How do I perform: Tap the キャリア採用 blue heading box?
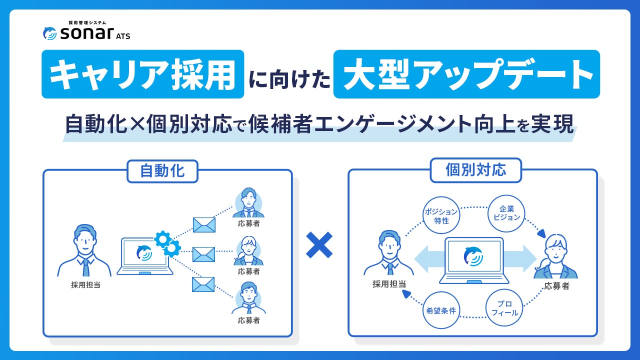click(142, 74)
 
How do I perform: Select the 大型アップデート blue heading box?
click(466, 74)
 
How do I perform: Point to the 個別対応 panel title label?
click(475, 170)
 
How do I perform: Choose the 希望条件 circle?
click(440, 310)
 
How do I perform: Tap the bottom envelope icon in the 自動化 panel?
click(203, 284)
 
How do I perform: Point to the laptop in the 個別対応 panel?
click(473, 260)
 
